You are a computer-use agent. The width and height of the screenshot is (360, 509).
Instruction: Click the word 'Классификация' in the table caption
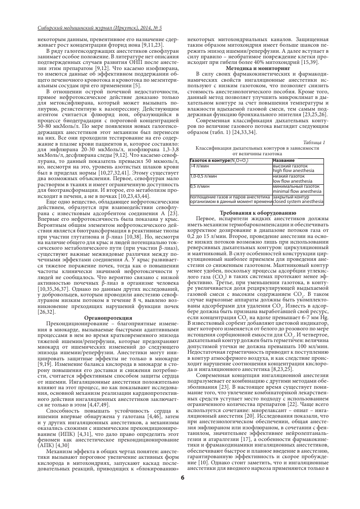click(x=213, y=148)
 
